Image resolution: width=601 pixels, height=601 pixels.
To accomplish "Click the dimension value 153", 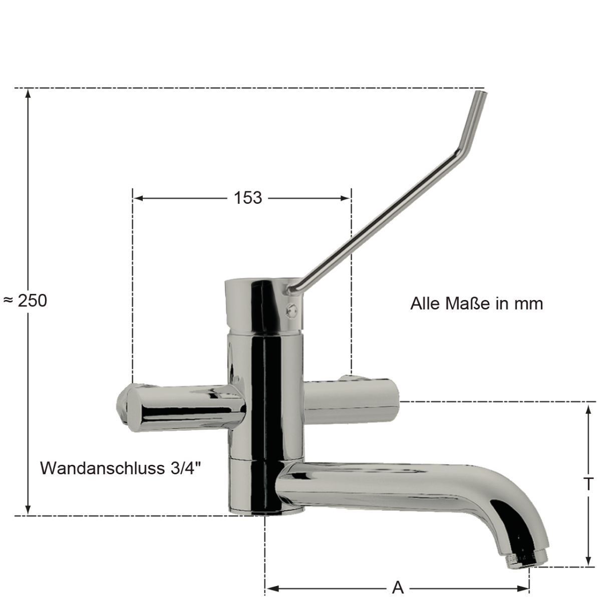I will tap(247, 198).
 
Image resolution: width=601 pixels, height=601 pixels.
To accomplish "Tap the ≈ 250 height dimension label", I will tap(25, 300).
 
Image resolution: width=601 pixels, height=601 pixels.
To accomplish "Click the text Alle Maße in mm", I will tap(476, 304).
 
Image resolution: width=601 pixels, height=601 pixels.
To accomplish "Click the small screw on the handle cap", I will tap(290, 311).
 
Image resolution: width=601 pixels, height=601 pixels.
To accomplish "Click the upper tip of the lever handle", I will tap(480, 94).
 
